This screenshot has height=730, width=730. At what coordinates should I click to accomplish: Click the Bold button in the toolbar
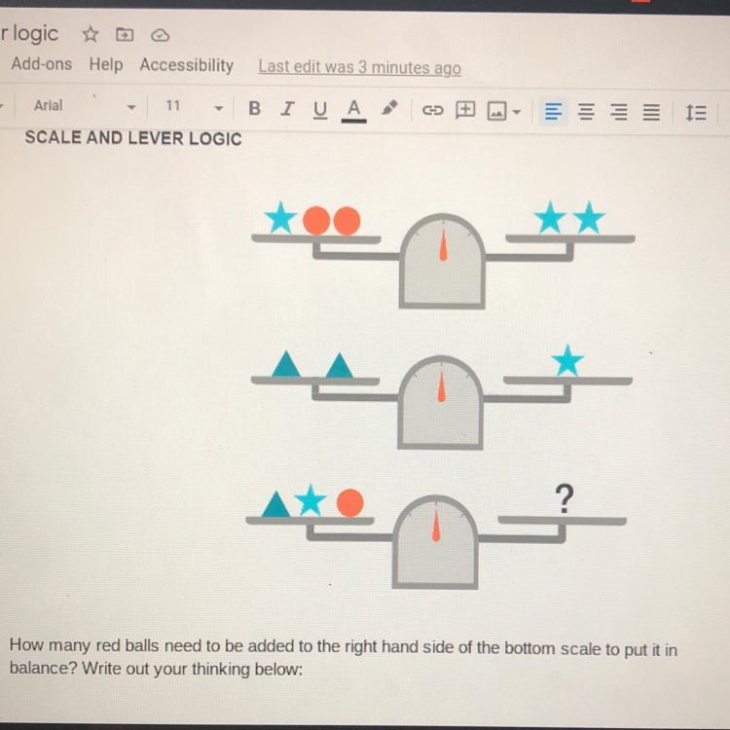click(x=254, y=108)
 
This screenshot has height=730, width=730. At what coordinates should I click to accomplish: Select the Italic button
click(x=287, y=108)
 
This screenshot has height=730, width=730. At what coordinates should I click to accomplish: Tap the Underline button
click(x=320, y=110)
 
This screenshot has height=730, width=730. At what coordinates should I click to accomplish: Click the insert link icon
click(x=432, y=110)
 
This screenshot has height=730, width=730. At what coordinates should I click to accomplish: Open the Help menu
click(x=106, y=64)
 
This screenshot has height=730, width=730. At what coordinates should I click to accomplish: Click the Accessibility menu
click(x=186, y=65)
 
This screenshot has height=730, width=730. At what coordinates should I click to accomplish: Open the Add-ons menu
click(x=42, y=63)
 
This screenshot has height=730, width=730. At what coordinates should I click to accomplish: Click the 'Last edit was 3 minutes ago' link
click(x=359, y=67)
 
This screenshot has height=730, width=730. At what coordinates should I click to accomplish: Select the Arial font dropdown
click(x=84, y=106)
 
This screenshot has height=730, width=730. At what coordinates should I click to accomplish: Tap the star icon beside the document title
click(x=91, y=34)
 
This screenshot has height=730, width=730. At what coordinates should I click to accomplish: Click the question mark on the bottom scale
click(x=565, y=498)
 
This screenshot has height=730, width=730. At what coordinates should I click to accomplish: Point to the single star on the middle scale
click(x=567, y=360)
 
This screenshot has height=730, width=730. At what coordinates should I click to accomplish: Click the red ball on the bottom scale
click(x=350, y=503)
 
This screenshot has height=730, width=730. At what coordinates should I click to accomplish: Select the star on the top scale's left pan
click(x=280, y=217)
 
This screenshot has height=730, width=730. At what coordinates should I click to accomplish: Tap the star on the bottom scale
click(x=310, y=500)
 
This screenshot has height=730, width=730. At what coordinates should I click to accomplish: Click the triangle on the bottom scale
click(x=276, y=504)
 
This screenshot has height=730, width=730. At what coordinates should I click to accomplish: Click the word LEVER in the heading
click(x=158, y=138)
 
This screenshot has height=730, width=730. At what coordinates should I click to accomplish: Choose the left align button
click(x=553, y=112)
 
